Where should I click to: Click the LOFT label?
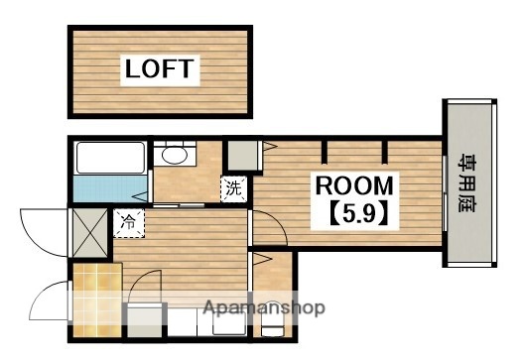pyautogui.click(x=160, y=68)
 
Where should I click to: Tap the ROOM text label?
pyautogui.click(x=354, y=185)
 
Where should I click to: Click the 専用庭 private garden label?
pyautogui.click(x=466, y=183)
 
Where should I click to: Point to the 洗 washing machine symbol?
pyautogui.click(x=234, y=188)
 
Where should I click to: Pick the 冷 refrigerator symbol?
pyautogui.click(x=129, y=223)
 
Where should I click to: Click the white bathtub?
pyautogui.click(x=110, y=158)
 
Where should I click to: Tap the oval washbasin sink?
pyautogui.click(x=174, y=155)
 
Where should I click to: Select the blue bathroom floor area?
pyautogui.click(x=110, y=188)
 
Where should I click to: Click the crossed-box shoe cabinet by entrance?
pyautogui.click(x=90, y=233)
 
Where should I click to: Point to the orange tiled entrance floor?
pyautogui.click(x=97, y=300)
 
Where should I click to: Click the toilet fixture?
pyautogui.click(x=273, y=319)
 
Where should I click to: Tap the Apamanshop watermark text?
pyautogui.click(x=264, y=307)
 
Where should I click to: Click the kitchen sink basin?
pyautogui.click(x=229, y=321)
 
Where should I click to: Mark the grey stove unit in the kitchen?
pyautogui.click(x=145, y=320)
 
